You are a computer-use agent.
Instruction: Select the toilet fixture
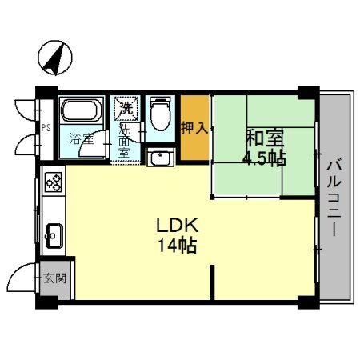coord(160,114)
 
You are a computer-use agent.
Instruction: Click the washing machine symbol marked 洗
coord(124,107)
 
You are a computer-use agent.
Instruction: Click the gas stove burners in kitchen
coord(54,183)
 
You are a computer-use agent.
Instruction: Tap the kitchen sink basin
coord(54,234)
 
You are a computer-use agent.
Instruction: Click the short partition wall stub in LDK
coord(212,283)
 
